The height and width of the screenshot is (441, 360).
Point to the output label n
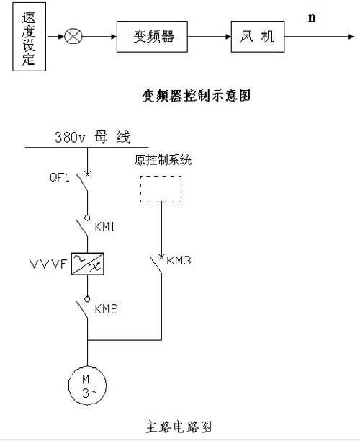pyautogui.click(x=312, y=17)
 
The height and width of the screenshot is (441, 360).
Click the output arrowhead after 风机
pyautogui.click(x=351, y=37)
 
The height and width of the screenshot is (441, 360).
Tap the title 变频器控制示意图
pyautogui.click(x=196, y=96)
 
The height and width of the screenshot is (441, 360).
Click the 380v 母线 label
pyautogui.click(x=92, y=137)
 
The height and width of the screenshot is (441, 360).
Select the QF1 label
pyautogui.click(x=60, y=177)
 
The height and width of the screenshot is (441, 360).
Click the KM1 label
pyautogui.click(x=104, y=226)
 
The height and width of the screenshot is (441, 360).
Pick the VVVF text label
pyautogui.click(x=48, y=264)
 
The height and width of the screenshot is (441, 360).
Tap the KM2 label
pyautogui.click(x=106, y=309)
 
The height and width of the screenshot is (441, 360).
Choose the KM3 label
pyautogui.click(x=179, y=260)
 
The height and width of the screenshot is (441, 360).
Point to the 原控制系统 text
pyautogui.click(x=163, y=160)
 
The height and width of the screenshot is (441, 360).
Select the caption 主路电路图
pyautogui.click(x=179, y=427)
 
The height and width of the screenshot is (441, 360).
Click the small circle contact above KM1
pyautogui.click(x=87, y=218)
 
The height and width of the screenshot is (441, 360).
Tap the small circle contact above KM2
pyautogui.click(x=87, y=299)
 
